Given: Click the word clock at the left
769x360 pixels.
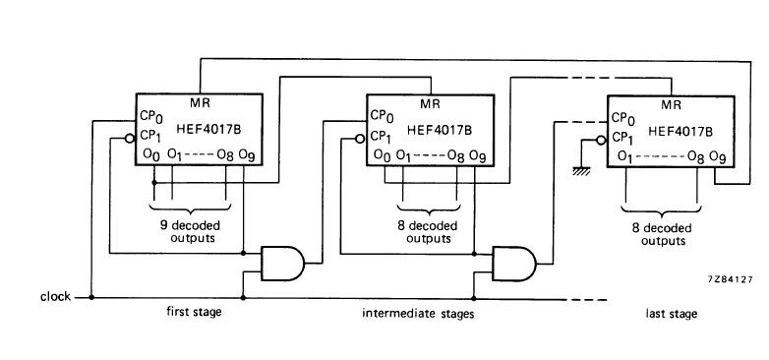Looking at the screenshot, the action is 55,297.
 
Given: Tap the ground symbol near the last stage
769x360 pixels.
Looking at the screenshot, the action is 581,171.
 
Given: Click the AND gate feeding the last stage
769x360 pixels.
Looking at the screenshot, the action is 514,264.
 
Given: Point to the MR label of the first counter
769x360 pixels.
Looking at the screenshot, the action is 200,103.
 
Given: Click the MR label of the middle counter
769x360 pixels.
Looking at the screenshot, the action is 430,104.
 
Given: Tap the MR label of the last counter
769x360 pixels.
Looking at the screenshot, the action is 672,104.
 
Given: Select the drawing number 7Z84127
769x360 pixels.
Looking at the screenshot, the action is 731,279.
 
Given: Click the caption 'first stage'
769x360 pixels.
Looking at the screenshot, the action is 194,312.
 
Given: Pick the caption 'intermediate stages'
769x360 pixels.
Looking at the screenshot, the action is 418,314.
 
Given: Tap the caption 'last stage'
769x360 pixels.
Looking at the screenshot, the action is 671,314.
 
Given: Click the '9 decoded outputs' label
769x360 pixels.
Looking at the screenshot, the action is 190,232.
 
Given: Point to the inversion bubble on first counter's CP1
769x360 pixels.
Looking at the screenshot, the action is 130,139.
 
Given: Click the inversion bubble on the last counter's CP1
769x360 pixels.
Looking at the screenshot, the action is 601,141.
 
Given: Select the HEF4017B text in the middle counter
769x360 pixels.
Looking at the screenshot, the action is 440,130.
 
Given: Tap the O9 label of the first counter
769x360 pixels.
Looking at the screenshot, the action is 246,155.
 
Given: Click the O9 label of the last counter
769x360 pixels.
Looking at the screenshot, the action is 718,157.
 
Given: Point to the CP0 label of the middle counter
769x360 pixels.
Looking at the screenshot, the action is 383,116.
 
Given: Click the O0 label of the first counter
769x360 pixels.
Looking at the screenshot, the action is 151,154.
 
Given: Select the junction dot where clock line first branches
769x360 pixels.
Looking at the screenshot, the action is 91,297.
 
